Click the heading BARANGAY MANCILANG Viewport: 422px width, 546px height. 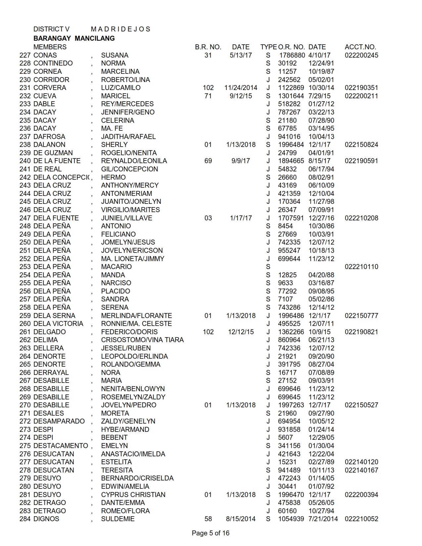74,38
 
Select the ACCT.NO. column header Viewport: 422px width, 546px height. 360,47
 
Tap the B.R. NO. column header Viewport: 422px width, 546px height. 208,47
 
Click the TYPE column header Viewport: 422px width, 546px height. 268,47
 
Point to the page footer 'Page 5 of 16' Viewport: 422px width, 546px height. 211,533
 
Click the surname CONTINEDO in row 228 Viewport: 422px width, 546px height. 53,63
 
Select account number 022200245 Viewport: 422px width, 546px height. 361,55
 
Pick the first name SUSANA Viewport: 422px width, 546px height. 115,55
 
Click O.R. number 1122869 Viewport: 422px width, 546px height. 291,88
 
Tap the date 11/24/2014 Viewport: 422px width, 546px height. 241,88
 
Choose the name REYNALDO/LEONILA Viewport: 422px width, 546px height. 134,161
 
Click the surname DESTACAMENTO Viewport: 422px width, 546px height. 61,446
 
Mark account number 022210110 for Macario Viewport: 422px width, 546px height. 361,267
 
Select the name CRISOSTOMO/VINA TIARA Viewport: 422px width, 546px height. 142,340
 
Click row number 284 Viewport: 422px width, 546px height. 25,519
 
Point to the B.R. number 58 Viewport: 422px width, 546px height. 208,519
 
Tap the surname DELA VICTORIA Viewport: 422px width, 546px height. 58,324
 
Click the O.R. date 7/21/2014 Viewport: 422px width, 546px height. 323,519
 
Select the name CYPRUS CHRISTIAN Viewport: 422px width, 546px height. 133,495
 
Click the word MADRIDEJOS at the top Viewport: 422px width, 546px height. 120,29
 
